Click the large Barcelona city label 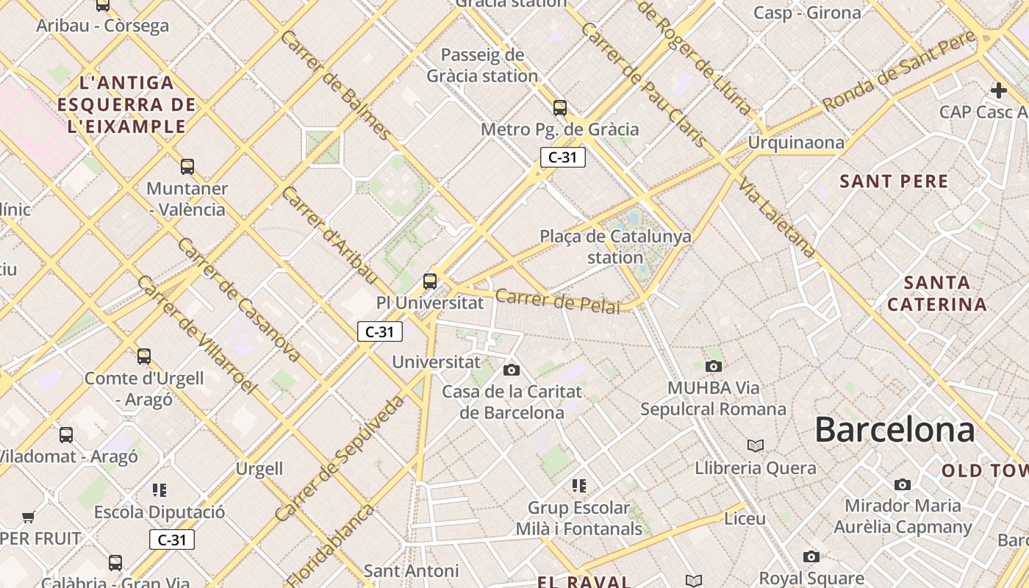(894, 429)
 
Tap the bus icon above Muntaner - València (187, 167)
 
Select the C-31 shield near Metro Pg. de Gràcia (562, 157)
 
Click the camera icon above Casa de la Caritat (512, 370)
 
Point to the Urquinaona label (796, 143)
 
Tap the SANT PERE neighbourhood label (894, 181)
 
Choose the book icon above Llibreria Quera (756, 445)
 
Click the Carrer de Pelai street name (558, 301)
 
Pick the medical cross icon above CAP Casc (998, 90)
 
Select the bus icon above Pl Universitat (430, 281)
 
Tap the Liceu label (745, 519)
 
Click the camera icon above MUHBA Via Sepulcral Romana (713, 366)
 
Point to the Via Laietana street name (778, 218)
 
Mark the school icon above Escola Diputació (159, 490)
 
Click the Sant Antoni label (411, 570)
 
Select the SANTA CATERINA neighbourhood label (936, 293)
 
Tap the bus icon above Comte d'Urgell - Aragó (144, 356)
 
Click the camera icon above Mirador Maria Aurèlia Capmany (903, 484)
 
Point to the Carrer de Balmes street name (335, 85)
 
